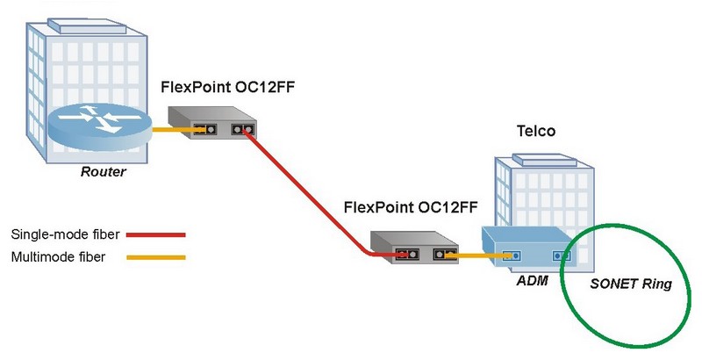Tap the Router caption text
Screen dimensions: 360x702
(x=103, y=172)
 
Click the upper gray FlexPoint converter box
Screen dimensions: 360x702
(x=211, y=123)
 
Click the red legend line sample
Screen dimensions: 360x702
(x=155, y=235)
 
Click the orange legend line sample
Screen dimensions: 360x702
(x=155, y=257)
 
